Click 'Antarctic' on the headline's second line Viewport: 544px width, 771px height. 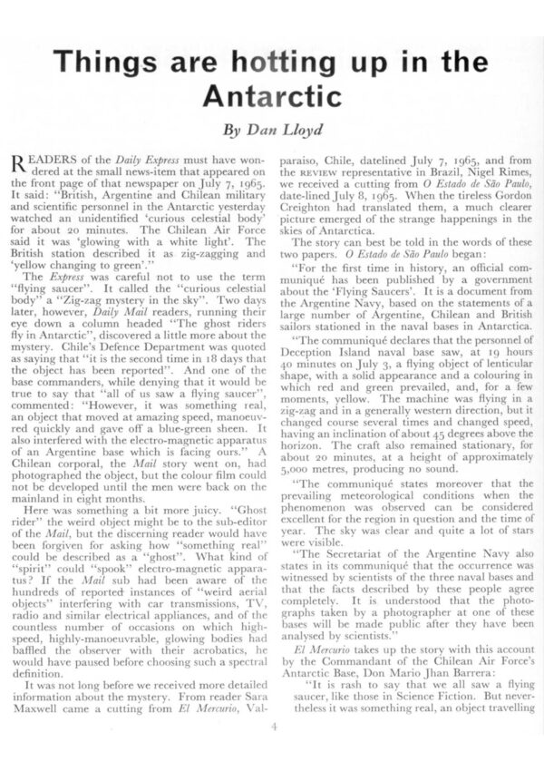tap(271, 95)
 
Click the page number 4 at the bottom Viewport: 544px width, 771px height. tap(272, 726)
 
